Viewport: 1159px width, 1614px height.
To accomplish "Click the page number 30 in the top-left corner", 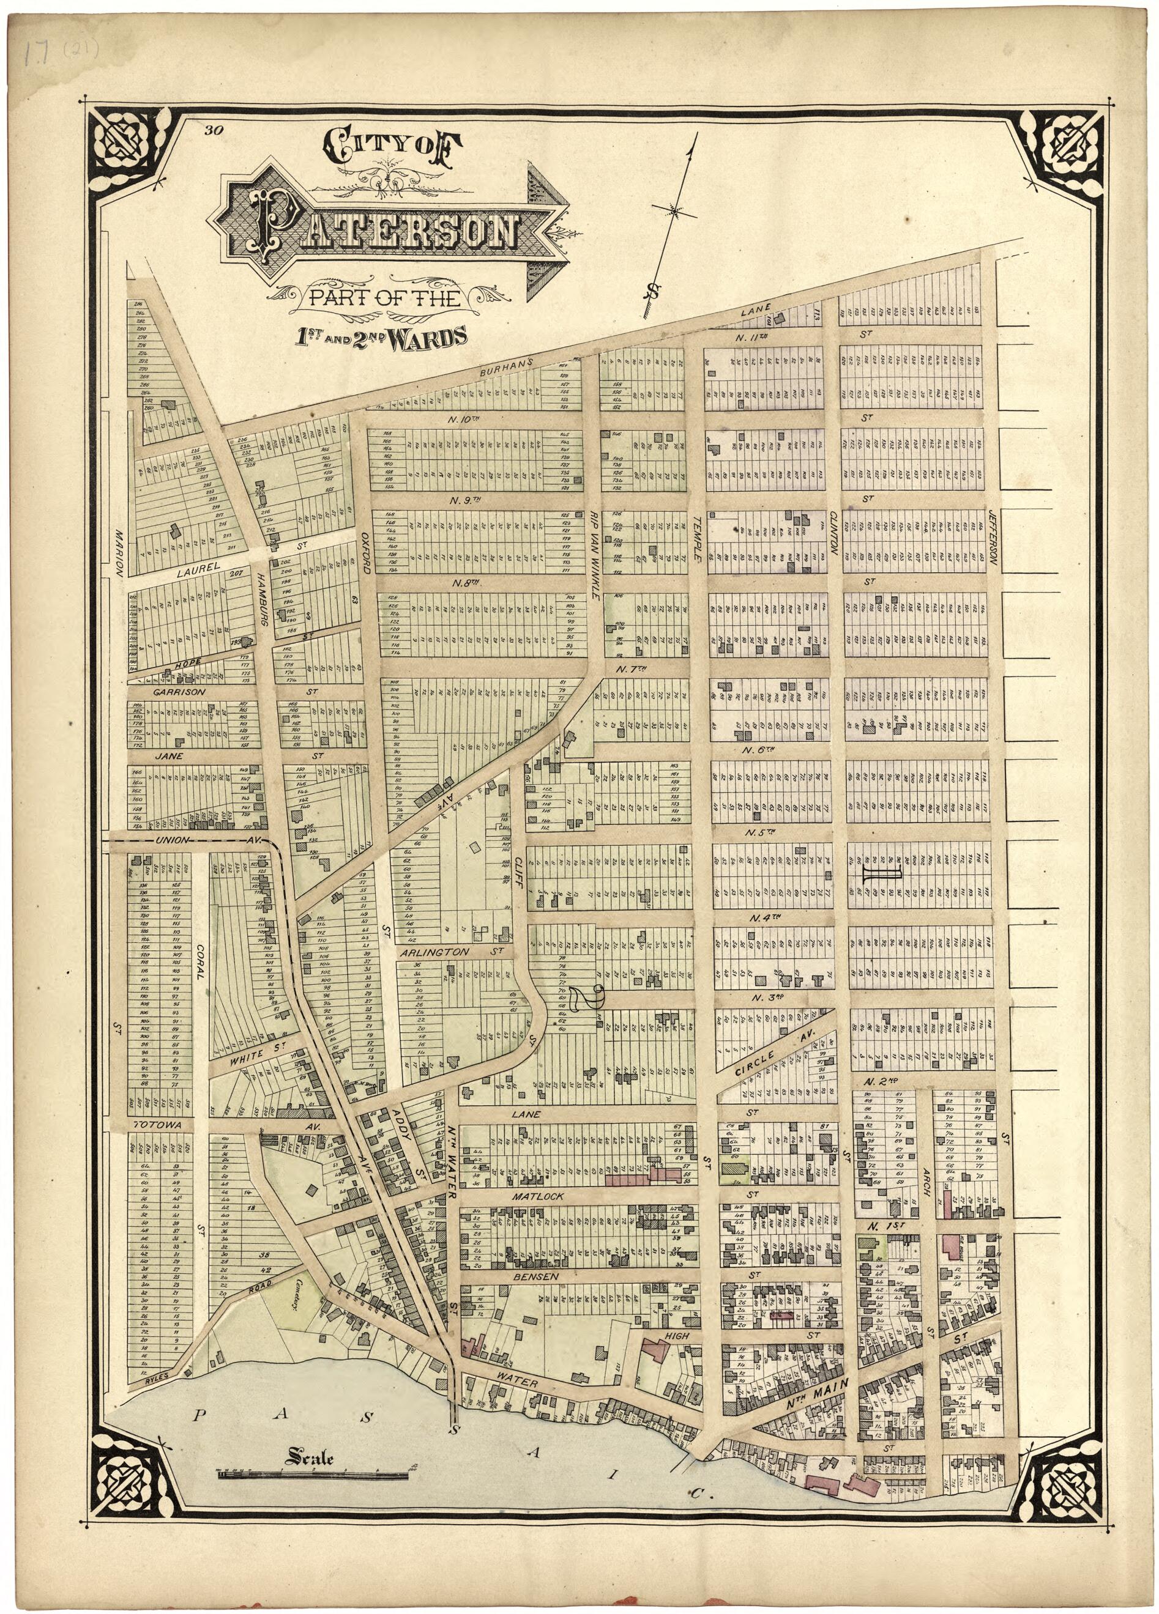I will point(212,130).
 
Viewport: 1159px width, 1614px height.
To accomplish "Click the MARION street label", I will point(119,552).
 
